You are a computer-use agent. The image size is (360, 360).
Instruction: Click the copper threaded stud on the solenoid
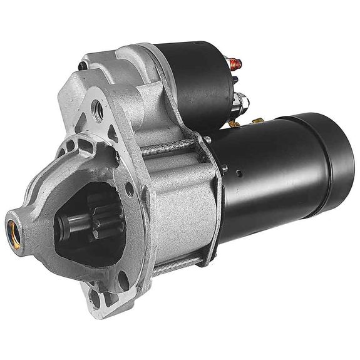235,63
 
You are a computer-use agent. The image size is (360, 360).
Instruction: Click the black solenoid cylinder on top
194,81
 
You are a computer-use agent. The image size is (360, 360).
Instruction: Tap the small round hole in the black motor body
239,170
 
